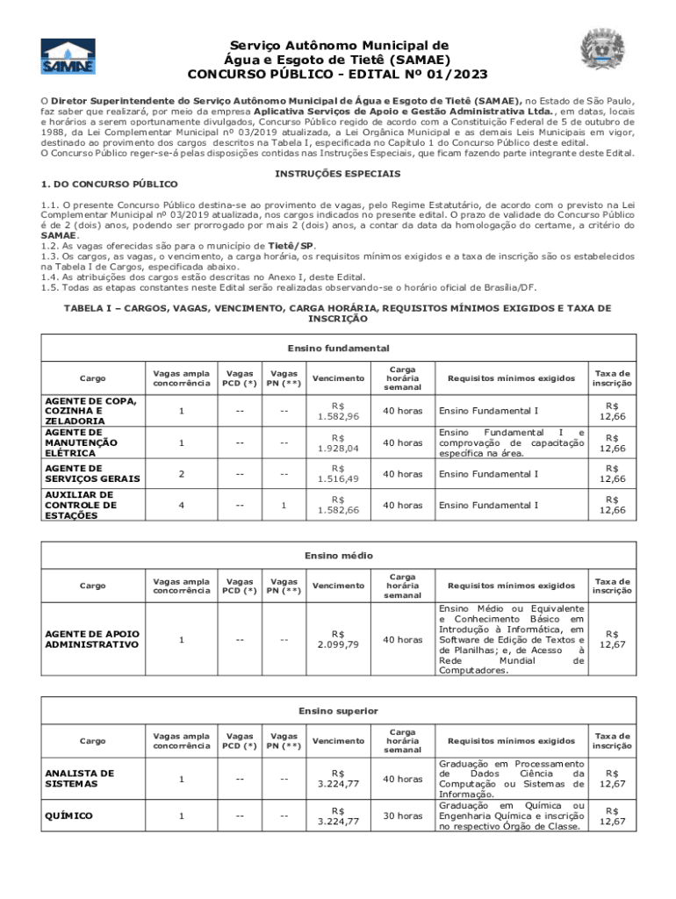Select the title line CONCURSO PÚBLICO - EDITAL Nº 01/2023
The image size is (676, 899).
tap(338, 74)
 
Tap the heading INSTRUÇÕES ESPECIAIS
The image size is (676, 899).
tap(338, 174)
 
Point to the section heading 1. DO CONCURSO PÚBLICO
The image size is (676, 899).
tap(110, 183)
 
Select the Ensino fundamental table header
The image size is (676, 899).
tap(338, 349)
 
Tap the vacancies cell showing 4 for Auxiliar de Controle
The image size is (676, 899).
tap(181, 505)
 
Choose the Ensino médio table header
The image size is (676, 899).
tap(338, 556)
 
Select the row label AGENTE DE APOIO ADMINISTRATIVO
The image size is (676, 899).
tap(91, 639)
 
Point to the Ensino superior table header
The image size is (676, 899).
tap(338, 710)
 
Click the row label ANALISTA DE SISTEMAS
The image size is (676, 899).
tap(79, 778)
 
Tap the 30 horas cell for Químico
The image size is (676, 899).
tap(402, 816)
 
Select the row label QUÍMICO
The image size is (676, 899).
tap(68, 816)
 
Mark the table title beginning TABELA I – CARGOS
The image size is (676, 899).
tap(338, 313)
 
